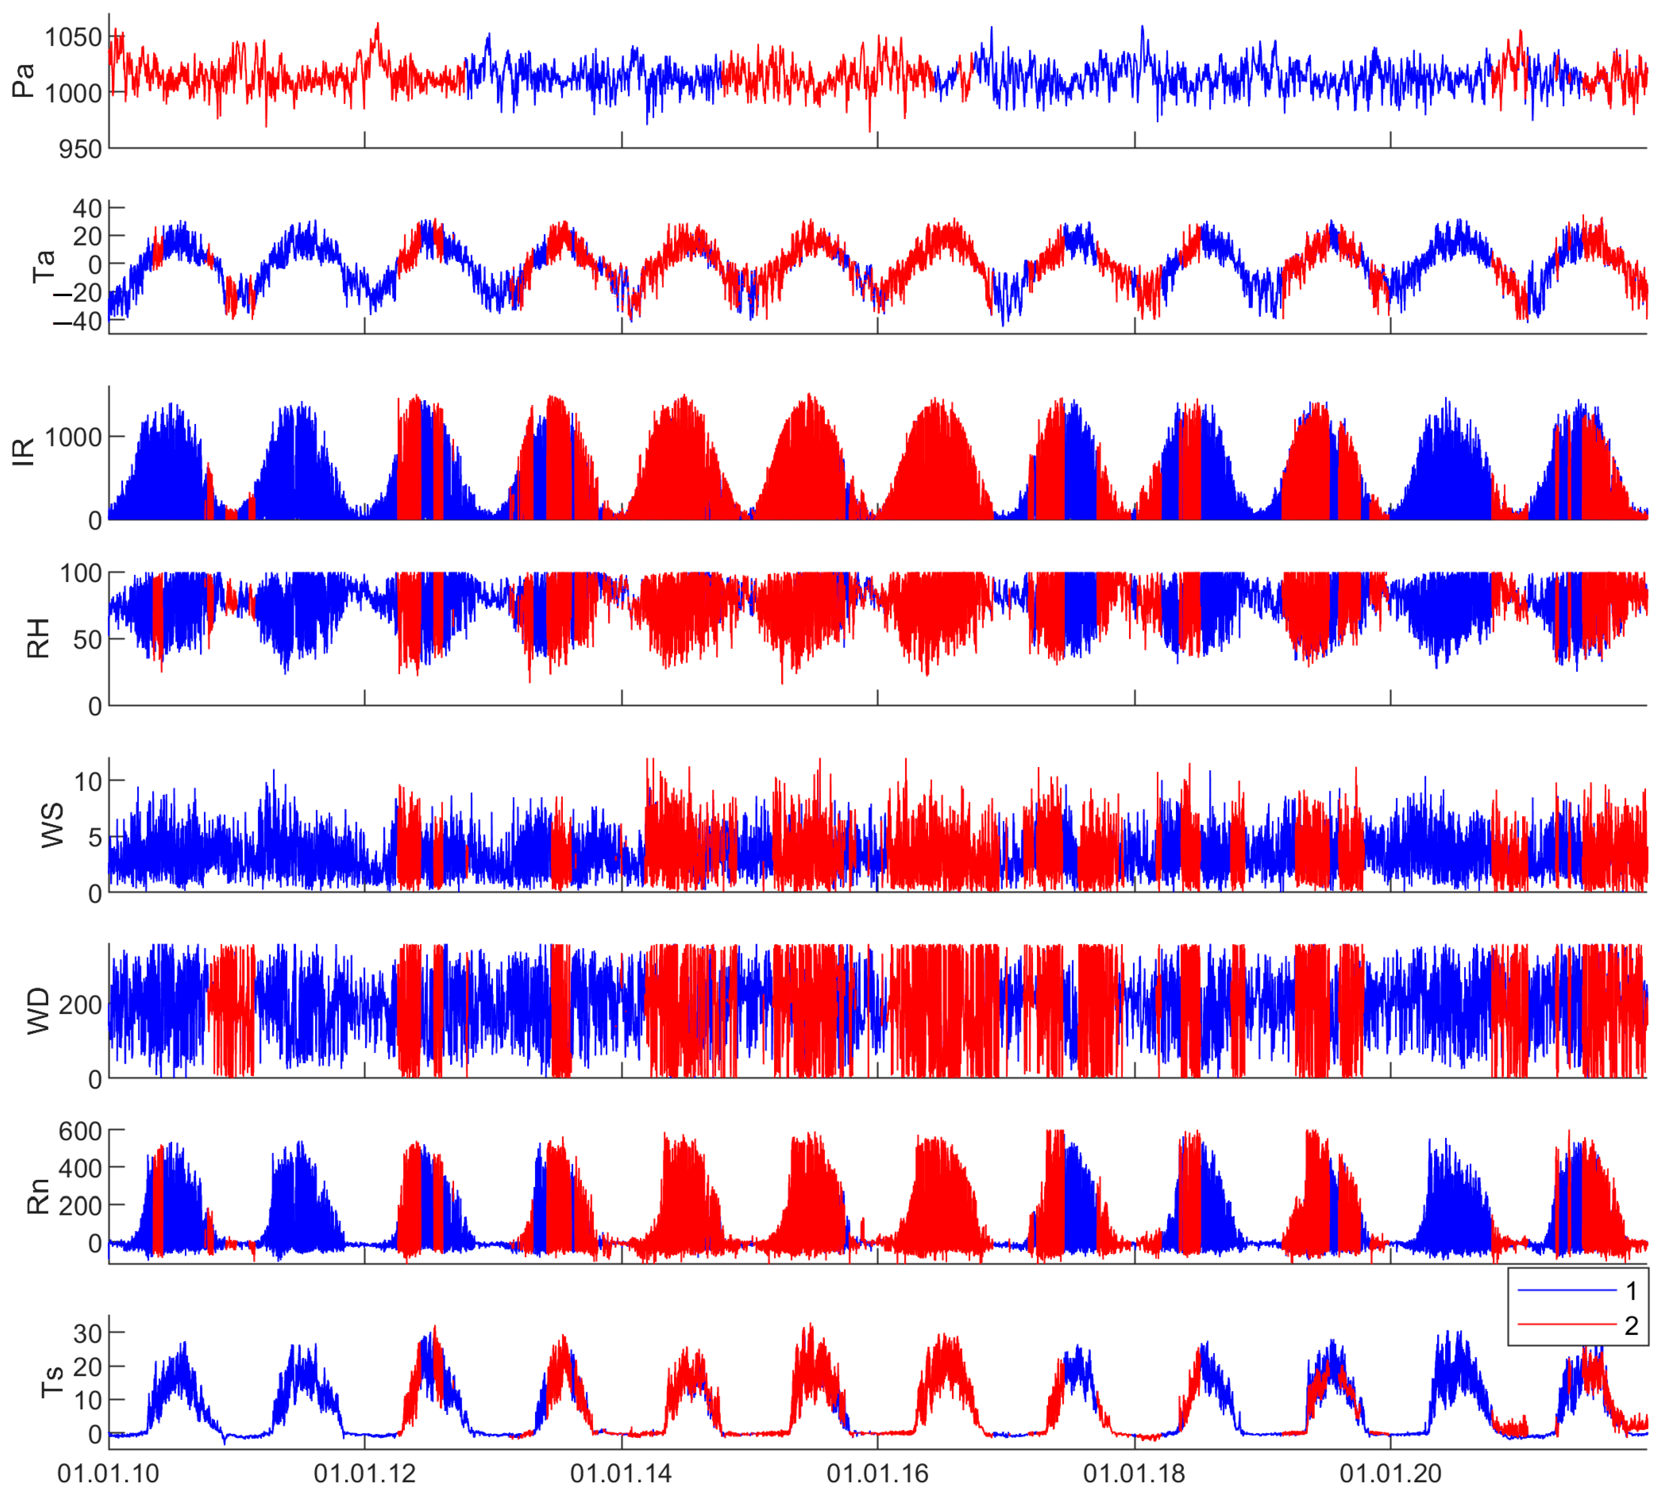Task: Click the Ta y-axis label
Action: [43, 266]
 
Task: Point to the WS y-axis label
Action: [53, 826]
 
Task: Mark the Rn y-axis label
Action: [39, 1197]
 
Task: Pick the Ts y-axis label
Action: [53, 1382]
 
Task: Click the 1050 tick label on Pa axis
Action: [74, 38]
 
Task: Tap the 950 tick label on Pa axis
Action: [80, 149]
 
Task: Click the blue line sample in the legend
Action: [1567, 1291]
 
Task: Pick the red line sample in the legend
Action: [1567, 1325]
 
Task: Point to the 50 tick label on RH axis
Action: [88, 640]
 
